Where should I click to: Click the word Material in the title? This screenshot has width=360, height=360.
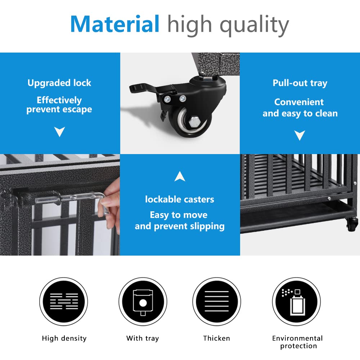(x=114, y=24)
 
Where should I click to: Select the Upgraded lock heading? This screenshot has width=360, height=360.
(x=59, y=83)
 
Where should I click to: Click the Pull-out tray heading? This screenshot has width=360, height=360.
(x=300, y=83)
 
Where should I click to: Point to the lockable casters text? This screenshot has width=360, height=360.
(x=180, y=199)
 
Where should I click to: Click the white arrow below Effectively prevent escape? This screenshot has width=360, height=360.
(x=59, y=132)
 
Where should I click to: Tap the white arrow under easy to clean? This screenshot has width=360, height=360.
(x=300, y=135)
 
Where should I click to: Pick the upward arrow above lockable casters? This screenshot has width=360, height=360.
(x=180, y=176)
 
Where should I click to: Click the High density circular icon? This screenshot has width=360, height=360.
(x=64, y=302)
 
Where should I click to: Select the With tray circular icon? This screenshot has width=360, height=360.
(x=143, y=302)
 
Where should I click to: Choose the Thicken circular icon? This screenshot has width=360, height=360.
(x=216, y=302)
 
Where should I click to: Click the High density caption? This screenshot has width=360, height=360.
(x=64, y=338)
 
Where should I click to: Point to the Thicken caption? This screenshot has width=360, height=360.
(x=216, y=338)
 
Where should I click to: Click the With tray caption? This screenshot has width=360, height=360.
(x=143, y=338)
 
